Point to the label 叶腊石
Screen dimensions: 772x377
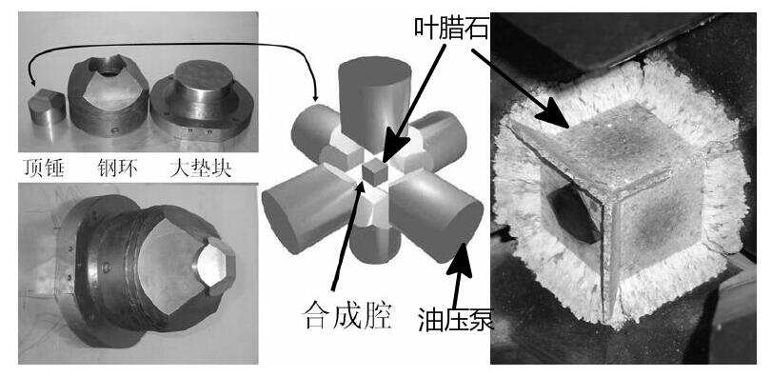pos(451,30)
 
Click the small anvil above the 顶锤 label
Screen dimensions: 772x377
pos(47,107)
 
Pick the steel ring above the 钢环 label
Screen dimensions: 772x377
pos(109,95)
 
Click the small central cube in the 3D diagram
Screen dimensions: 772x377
pos(375,171)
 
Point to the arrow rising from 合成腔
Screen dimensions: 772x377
pos(348,235)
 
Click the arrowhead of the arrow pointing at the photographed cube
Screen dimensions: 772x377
pos(554,114)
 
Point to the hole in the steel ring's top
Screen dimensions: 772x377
pos(107,65)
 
